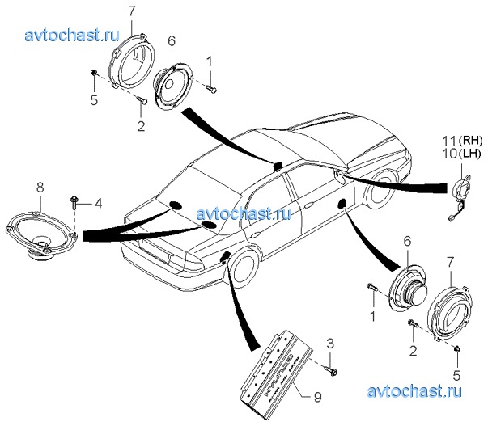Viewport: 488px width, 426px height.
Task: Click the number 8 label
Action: click(39, 188)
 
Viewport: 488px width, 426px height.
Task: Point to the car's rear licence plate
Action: click(173, 258)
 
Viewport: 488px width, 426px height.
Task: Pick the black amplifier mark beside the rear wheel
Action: click(224, 258)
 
